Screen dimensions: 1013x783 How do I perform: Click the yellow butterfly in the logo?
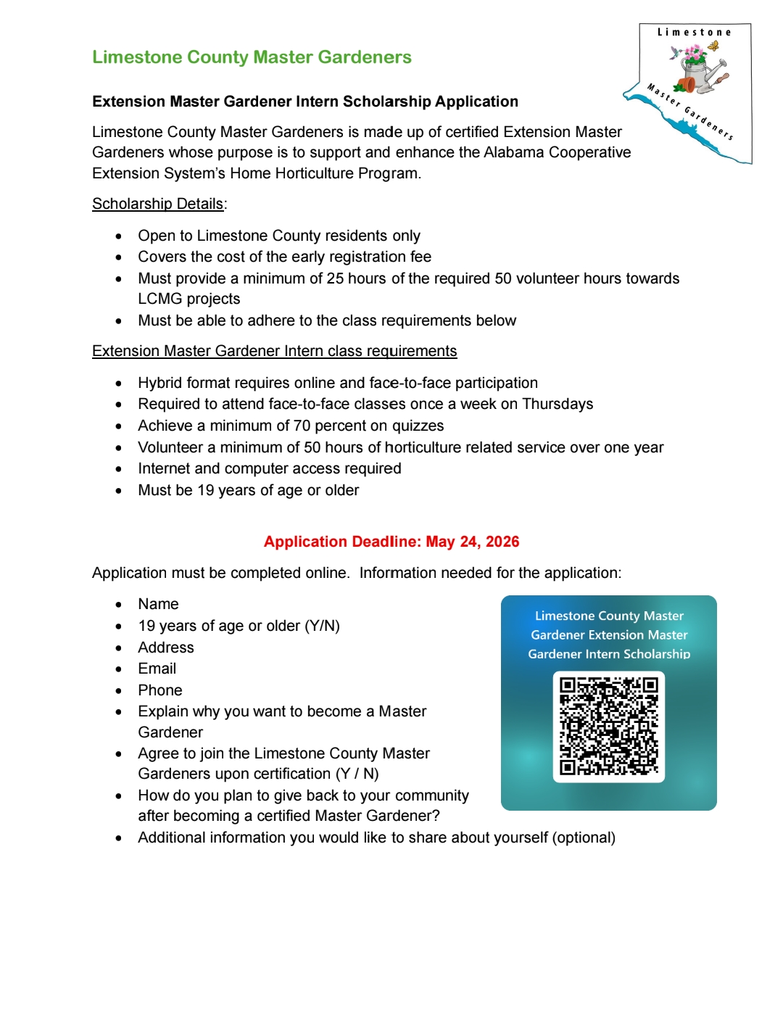(x=714, y=46)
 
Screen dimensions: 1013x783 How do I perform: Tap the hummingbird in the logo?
(x=676, y=52)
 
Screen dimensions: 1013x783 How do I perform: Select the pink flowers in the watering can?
(x=695, y=54)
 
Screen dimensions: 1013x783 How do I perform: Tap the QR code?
(x=609, y=727)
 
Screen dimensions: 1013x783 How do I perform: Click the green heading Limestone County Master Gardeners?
(x=252, y=57)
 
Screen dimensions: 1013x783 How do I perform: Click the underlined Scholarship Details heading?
(x=158, y=204)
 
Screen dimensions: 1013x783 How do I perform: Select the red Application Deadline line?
(x=391, y=542)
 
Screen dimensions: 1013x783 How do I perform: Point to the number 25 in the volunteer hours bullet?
(x=335, y=278)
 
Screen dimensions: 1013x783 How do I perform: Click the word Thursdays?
(x=558, y=404)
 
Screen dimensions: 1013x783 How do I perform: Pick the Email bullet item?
(x=157, y=669)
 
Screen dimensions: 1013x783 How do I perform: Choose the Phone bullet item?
(x=160, y=690)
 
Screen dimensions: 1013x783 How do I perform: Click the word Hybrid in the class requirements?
(x=160, y=383)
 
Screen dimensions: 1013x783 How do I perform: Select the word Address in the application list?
(x=166, y=648)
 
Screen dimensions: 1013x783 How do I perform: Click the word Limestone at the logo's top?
(x=694, y=33)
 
